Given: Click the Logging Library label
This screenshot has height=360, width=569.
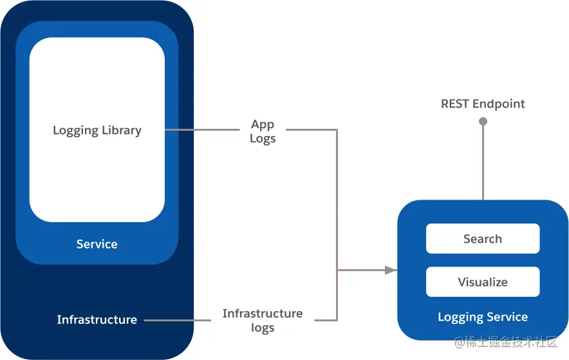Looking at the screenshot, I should coord(97,130).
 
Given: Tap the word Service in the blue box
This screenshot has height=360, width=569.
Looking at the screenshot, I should coord(97,244).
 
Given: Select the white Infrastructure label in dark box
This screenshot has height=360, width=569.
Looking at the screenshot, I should coord(97,319).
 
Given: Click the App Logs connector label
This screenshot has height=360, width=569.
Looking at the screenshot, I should coord(263,131).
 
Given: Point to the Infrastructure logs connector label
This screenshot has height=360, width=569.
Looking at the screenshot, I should coord(263,320).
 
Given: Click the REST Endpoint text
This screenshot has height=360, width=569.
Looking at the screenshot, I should coord(483,104).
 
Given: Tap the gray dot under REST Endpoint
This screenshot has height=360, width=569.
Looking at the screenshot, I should coord(483,121).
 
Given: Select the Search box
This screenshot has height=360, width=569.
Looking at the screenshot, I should coord(483,239).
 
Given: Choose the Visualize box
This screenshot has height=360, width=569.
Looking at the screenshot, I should coord(483,282).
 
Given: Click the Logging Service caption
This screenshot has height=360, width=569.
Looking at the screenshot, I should coord(483,317).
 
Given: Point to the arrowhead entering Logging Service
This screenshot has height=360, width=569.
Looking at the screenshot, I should coord(390,270).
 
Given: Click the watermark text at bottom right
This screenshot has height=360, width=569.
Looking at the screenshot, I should coord(506,343).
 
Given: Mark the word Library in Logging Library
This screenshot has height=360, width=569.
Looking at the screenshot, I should coord(120,130).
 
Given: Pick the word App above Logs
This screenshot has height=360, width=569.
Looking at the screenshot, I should coord(263,124).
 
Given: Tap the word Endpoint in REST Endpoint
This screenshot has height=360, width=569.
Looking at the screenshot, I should coord(499,104).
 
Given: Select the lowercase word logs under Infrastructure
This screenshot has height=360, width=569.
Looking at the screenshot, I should coord(263,328).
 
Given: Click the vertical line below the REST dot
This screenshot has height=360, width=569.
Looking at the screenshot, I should coord(483,161).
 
